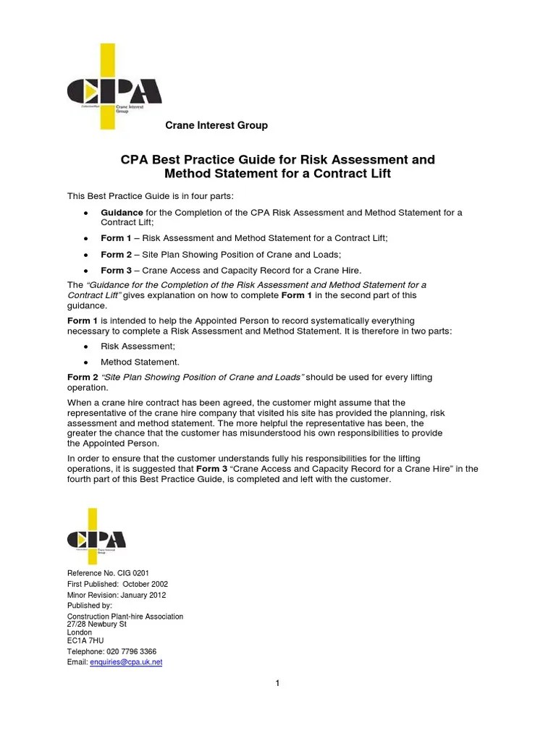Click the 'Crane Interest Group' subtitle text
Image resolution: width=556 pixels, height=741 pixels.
(x=216, y=125)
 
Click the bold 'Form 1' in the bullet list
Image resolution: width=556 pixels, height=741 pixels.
(x=117, y=238)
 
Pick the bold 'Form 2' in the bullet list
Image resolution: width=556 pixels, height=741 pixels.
(x=117, y=255)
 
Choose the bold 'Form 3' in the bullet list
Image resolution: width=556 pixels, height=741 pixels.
(x=117, y=271)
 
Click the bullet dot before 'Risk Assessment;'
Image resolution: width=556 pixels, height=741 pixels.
(x=85, y=347)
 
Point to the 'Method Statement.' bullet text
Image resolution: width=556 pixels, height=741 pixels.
(x=140, y=362)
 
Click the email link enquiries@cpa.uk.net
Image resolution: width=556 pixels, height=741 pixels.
(x=126, y=661)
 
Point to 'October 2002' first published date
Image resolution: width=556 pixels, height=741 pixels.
(x=145, y=584)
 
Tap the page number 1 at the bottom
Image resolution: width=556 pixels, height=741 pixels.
(x=277, y=684)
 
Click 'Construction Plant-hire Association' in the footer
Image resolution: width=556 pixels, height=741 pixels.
(x=125, y=616)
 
